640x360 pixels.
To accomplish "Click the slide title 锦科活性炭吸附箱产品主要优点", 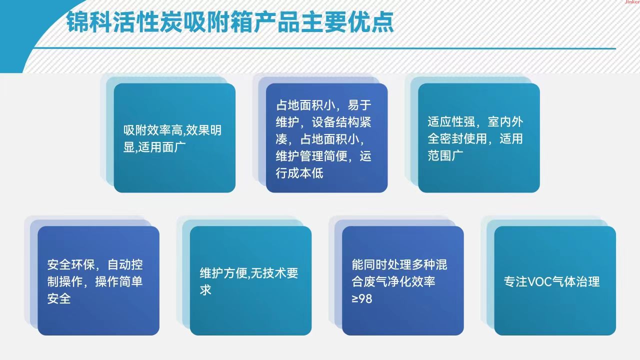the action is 230,22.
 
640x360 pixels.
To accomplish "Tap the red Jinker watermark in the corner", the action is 632,1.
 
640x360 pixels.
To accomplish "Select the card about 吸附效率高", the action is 174,138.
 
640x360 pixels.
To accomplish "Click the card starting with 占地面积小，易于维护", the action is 326,138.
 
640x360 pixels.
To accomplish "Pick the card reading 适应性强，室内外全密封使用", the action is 479,138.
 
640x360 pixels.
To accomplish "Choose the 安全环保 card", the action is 98,280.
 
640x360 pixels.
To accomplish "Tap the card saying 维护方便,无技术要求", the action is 250,280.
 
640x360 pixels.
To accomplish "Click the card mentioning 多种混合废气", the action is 403,280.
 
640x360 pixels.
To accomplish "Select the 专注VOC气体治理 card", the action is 555,280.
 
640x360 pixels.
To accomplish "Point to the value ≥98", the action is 361,299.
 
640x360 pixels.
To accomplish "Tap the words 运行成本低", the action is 299,173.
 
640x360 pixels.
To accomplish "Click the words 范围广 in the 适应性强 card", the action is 445,155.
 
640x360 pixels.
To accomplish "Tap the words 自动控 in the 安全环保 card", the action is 125,264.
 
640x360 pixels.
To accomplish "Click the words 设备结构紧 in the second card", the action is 341,122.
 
